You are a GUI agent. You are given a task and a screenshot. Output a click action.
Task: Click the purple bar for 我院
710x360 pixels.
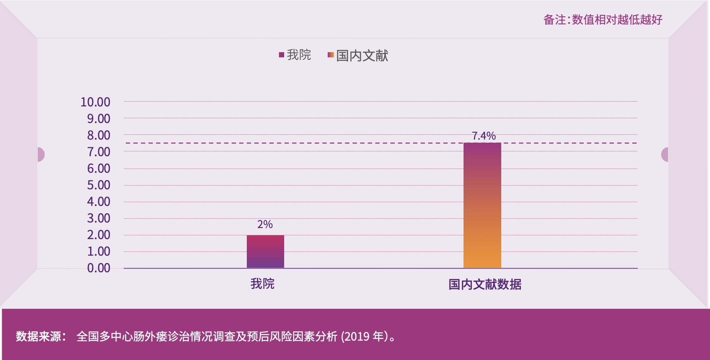(265, 251)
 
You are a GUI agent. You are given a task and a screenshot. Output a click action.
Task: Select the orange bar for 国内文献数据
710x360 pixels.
(482, 205)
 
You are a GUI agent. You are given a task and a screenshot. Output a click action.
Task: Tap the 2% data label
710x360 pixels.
(265, 225)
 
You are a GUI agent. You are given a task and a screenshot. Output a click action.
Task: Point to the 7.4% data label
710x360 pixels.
(484, 136)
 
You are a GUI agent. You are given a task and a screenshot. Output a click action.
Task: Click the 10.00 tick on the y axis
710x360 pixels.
(95, 102)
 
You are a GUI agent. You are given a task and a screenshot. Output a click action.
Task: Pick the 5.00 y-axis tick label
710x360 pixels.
(99, 185)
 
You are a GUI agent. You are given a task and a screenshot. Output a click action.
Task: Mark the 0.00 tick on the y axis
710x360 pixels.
(99, 268)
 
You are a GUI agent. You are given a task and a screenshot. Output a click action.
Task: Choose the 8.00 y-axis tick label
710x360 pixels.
(99, 135)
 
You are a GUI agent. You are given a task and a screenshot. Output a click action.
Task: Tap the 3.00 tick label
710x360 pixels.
(99, 218)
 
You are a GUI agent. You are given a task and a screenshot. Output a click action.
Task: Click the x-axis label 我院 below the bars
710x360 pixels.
(262, 284)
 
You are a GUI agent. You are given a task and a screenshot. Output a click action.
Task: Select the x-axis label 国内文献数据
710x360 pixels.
(485, 284)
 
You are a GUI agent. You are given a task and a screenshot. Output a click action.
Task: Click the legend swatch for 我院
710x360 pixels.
(281, 55)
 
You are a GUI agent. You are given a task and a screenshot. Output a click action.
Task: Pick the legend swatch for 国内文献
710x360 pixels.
(331, 55)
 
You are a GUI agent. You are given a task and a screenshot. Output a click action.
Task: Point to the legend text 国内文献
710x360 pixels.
(362, 56)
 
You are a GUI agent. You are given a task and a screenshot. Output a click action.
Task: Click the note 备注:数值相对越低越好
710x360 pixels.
(602, 20)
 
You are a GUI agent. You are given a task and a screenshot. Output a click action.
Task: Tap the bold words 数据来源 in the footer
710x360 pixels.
(39, 336)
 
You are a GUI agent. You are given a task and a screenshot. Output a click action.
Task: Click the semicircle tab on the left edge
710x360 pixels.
(41, 154)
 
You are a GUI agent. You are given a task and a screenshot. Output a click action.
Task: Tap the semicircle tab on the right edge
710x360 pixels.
(665, 154)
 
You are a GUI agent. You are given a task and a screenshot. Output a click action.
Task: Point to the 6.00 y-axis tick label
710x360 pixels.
(99, 169)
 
